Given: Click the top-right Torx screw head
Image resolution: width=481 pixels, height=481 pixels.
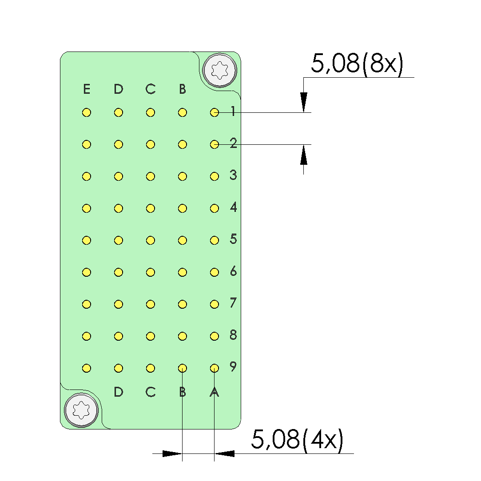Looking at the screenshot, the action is (x=220, y=71).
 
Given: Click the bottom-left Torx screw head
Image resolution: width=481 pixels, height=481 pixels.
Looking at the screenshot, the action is (x=81, y=410).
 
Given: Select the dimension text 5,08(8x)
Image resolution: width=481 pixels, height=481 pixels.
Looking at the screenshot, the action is (x=357, y=64).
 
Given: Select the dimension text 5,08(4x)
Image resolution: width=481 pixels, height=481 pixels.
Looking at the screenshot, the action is (x=297, y=440).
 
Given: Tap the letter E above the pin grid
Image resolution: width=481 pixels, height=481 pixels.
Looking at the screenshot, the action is (x=87, y=89).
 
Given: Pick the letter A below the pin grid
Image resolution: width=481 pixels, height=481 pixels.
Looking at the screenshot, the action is (x=214, y=392).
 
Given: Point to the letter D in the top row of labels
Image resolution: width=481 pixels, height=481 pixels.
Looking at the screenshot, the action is (x=119, y=89).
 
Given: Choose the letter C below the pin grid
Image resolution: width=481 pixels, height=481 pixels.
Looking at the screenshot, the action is (x=150, y=392).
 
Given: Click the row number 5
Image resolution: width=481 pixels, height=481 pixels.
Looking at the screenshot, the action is (x=234, y=239).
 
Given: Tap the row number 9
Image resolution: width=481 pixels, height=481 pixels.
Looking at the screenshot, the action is (x=234, y=366).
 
